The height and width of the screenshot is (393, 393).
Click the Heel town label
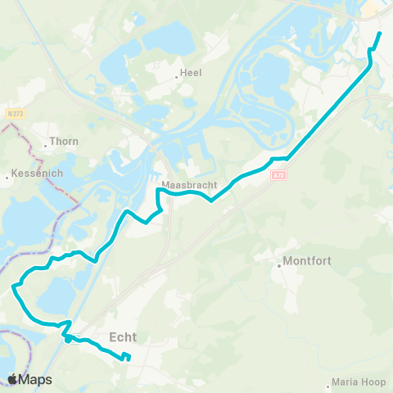[192, 72]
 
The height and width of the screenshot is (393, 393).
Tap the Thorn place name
[65, 141]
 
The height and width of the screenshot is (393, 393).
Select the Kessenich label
[34, 174]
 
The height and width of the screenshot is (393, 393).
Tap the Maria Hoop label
[358, 382]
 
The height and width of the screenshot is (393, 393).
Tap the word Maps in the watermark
[36, 379]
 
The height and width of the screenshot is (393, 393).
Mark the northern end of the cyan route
[381, 33]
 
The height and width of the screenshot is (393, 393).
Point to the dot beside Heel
[177, 78]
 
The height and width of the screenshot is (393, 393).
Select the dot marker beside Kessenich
[7, 174]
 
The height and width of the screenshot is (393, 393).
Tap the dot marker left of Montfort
[278, 263]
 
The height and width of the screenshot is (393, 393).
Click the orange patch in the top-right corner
[369, 7]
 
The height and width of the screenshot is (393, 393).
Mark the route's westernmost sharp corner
[12, 287]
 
